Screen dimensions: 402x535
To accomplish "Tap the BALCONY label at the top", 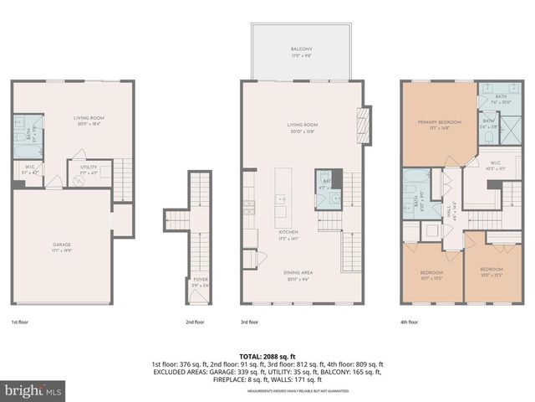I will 302,50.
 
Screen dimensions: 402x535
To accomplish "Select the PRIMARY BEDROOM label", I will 439,121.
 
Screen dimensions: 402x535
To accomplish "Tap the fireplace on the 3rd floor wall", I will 362,121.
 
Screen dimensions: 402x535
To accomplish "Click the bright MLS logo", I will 33,389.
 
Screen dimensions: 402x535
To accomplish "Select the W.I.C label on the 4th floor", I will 496,164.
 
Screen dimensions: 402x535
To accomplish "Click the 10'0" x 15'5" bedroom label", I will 492,274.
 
